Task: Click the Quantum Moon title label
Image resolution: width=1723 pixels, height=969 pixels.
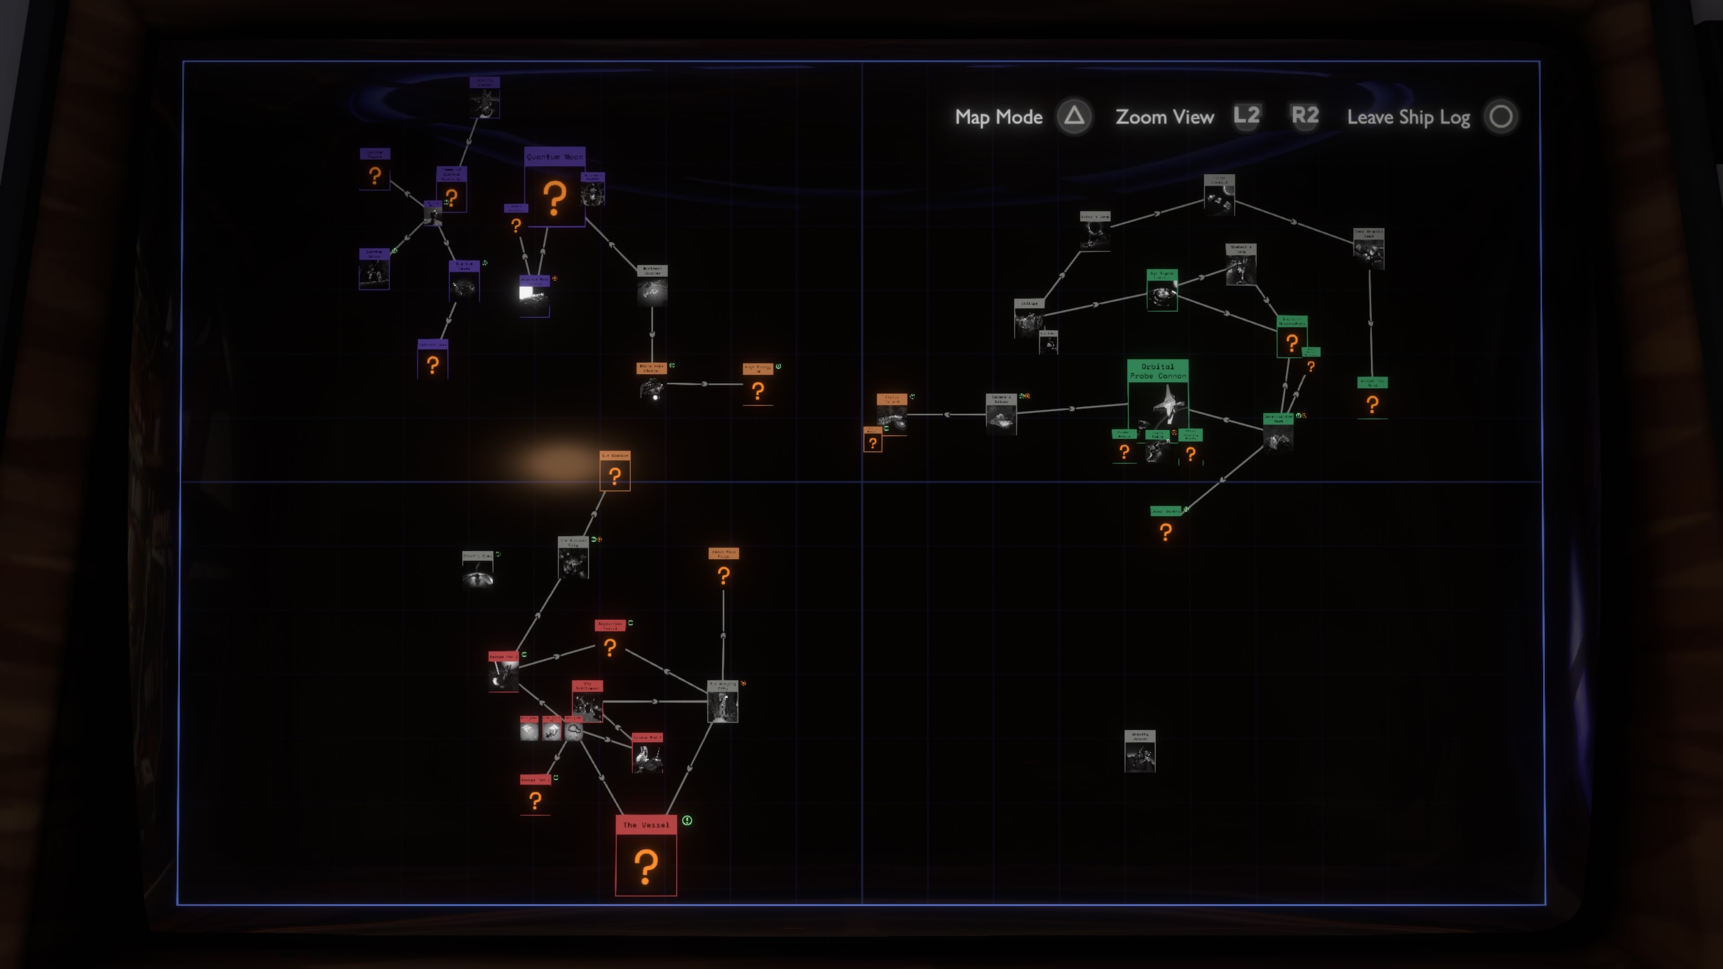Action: click(555, 157)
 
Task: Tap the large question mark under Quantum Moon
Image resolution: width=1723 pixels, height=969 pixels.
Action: click(555, 198)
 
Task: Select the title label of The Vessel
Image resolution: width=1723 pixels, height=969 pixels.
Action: click(646, 825)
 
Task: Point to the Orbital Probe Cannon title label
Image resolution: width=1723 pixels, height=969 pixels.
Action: click(1157, 371)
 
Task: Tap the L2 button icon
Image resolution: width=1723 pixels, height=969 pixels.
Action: click(1247, 116)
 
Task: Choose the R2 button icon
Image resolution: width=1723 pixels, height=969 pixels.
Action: click(1305, 116)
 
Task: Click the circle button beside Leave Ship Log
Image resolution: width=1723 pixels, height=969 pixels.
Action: click(1500, 117)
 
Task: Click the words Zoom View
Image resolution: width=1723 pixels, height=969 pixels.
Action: click(1164, 117)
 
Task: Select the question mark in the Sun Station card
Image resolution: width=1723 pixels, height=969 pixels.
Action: click(615, 476)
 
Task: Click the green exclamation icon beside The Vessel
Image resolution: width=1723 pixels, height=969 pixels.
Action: click(687, 821)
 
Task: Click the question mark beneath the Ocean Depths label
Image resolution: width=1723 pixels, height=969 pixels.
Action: click(1166, 532)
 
